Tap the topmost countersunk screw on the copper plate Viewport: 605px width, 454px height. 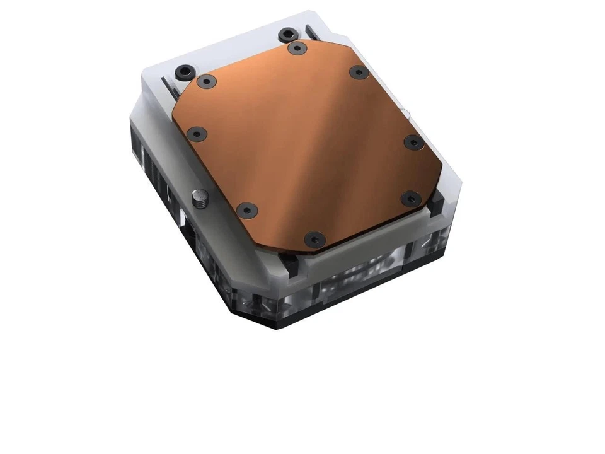[x=295, y=47]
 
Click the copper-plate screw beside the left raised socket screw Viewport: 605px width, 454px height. [x=205, y=81]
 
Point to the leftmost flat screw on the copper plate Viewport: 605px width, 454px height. [x=198, y=134]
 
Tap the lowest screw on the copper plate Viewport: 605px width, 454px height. [x=313, y=238]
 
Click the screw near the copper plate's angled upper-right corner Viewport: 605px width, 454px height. [x=358, y=72]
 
